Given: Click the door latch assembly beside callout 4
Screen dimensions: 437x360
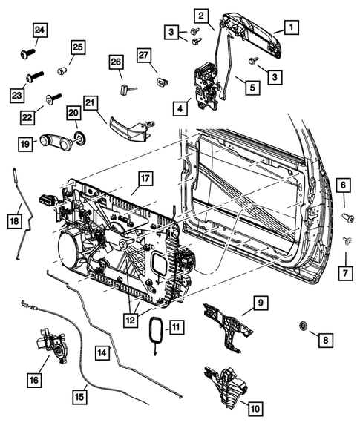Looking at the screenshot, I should [x=205, y=83].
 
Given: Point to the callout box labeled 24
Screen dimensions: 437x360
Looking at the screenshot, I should [x=39, y=30].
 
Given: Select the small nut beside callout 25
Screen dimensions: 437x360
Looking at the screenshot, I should [x=63, y=70].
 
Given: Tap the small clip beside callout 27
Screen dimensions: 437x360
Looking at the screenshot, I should [x=161, y=80].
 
